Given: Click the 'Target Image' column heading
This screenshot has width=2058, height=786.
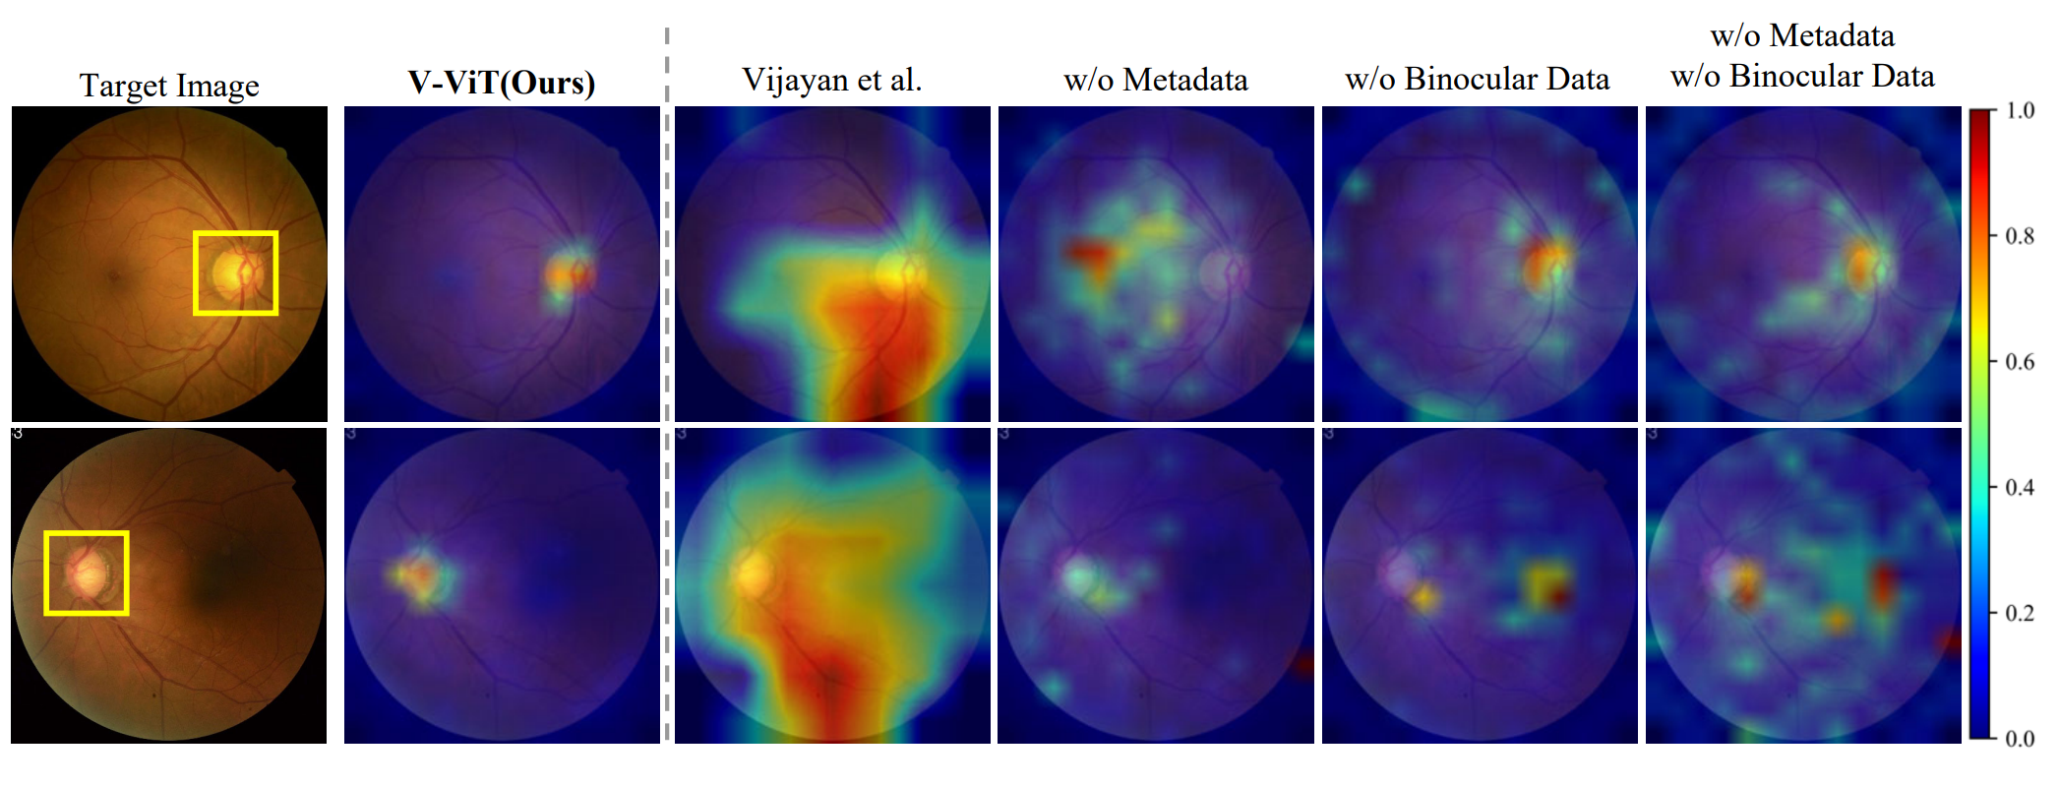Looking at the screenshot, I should coord(169,86).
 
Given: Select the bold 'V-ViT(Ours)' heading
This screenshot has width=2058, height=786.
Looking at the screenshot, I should coord(502,83).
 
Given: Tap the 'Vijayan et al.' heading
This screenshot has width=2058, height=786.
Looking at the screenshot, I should coord(831,80).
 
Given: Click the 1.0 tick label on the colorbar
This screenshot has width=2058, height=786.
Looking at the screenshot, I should coord(2020,110).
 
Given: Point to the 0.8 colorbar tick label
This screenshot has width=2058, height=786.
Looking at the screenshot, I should coord(2020,236).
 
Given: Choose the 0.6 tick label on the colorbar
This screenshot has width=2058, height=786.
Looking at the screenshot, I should coord(2020,362).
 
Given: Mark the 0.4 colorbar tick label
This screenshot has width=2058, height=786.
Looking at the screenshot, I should coord(2020,487).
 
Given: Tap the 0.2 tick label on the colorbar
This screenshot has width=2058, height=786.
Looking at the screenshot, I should coord(2020,613).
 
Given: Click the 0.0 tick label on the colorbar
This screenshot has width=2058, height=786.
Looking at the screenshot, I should coord(2020,739).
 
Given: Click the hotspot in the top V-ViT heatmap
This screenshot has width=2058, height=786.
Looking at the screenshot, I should coord(568,273).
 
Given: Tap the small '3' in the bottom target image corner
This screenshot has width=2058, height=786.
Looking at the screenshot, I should coord(18,434).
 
